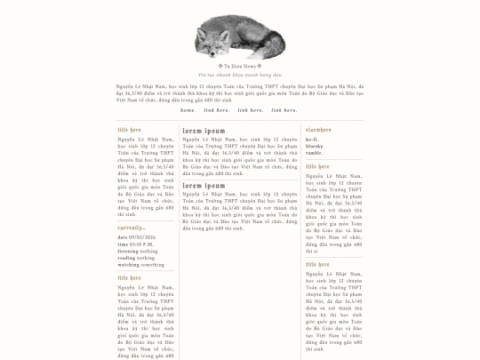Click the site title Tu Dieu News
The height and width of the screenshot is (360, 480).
[240, 66]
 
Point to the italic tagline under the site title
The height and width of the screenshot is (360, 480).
[240, 76]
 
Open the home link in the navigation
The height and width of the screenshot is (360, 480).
[188, 110]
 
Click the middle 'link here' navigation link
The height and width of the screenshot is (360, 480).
[250, 110]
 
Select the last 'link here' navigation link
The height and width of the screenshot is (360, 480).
[284, 110]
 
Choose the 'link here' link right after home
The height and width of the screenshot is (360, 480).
[216, 110]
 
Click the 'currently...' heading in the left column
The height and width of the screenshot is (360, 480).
[131, 228]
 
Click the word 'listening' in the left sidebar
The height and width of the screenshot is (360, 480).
[127, 251]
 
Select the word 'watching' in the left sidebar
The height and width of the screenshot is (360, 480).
[128, 264]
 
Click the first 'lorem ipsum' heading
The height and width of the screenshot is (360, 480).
[204, 131]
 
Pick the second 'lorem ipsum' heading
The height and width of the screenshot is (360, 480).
[204, 186]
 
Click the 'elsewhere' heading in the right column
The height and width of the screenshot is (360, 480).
[318, 130]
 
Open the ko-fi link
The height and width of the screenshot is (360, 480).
[311, 140]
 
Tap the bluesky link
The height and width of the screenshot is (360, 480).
[314, 146]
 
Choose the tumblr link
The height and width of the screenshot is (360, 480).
[314, 152]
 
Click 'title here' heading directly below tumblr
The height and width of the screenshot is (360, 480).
[317, 166]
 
